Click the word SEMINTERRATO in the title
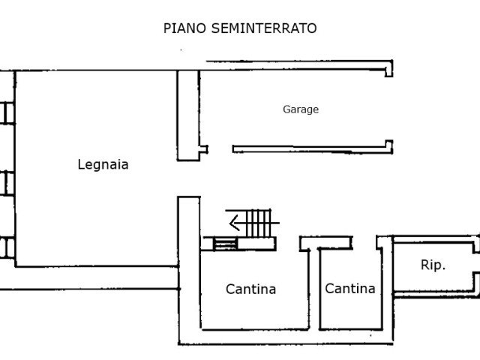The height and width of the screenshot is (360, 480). pos(264,28)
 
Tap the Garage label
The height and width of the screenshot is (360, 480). pos(301,109)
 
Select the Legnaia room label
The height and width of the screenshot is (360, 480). pos(103,164)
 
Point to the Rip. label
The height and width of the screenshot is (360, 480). pos(433,265)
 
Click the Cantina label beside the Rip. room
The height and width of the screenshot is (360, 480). pos(350,288)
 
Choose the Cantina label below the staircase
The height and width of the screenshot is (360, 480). pos(250,289)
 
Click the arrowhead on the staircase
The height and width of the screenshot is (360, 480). pos(235,223)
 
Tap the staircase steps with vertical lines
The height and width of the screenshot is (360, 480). pos(259,223)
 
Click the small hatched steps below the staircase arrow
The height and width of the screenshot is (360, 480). pos(225,244)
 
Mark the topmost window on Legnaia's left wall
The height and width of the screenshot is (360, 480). pos(7,113)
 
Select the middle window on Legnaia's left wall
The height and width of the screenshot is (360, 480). pos(7,183)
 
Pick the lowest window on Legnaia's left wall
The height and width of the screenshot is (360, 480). pos(7,247)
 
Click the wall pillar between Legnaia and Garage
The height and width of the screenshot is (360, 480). pos(188,115)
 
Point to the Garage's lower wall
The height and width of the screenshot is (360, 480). pos(312,148)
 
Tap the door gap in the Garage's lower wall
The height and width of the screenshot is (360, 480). pos(220,149)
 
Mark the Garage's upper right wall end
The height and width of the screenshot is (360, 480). pos(388,68)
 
